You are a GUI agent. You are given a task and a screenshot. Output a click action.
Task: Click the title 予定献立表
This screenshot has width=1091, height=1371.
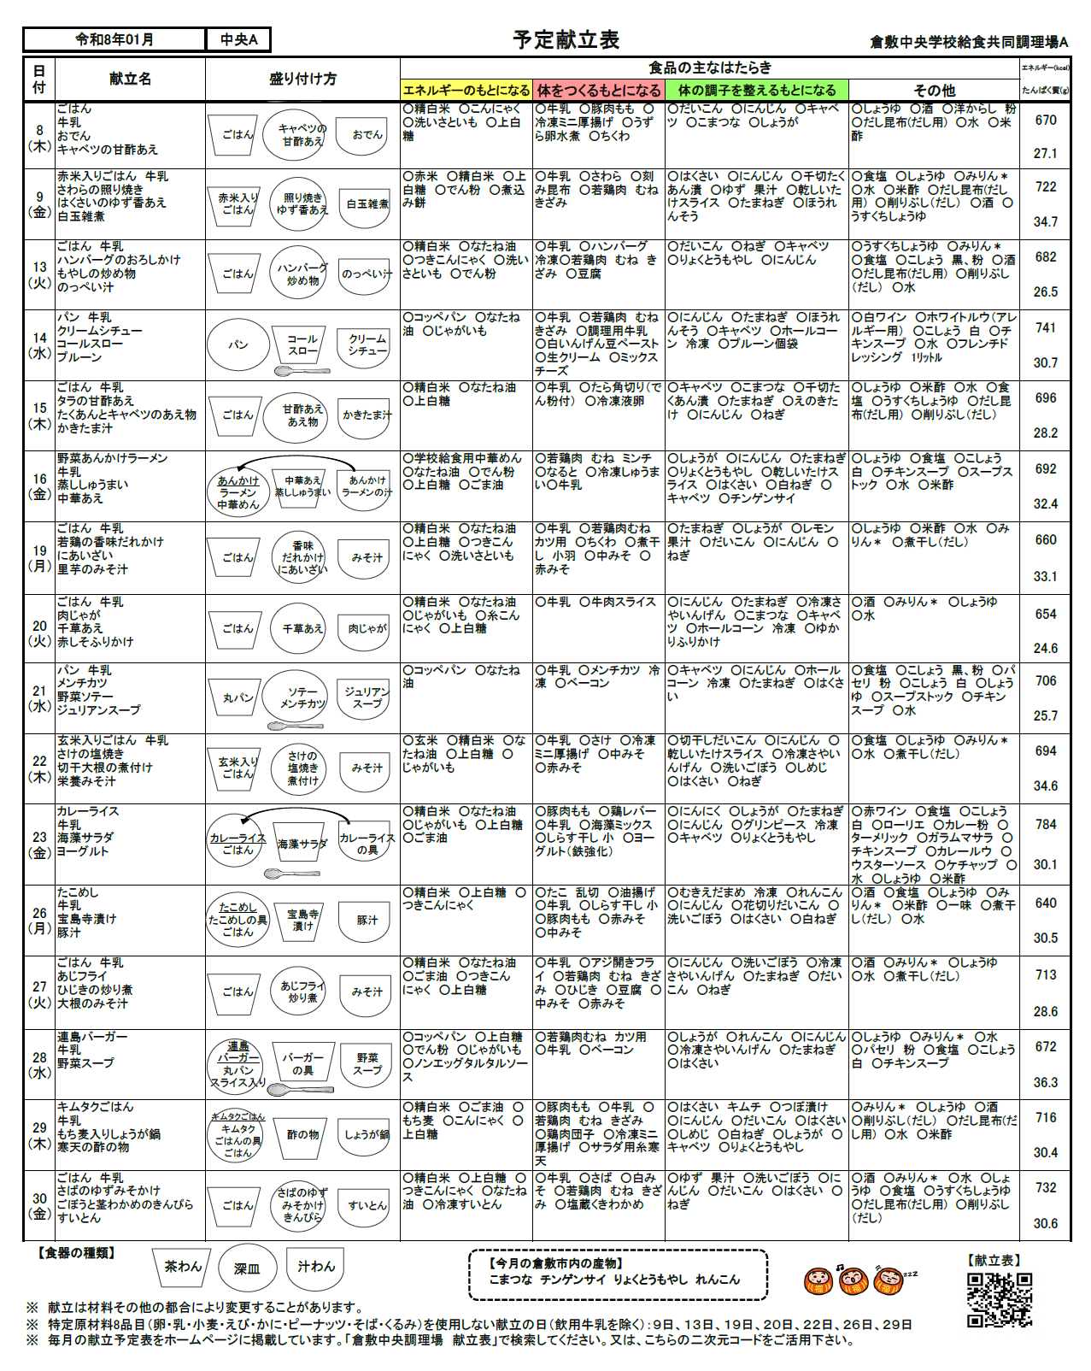coord(566,39)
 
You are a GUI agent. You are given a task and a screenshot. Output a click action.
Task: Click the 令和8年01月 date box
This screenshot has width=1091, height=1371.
coord(114,39)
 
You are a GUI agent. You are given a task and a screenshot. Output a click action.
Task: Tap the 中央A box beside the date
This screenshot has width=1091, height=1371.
coord(238,39)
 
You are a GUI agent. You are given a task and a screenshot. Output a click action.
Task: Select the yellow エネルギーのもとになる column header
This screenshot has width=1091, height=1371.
coord(466,90)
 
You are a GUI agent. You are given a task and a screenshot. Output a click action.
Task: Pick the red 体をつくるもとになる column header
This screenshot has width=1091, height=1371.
coord(599,90)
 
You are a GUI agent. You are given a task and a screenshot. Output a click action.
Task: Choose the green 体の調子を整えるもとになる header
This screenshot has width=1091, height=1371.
coord(757,90)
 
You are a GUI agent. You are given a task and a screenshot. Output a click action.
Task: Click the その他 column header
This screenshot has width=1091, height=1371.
coord(934,90)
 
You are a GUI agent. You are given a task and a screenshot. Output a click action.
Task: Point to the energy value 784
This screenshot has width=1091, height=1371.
coord(1046,824)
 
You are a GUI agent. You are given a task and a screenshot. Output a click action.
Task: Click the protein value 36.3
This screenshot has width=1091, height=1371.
coord(1046,1082)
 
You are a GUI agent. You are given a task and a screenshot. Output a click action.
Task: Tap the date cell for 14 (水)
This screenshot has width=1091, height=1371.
coord(39,344)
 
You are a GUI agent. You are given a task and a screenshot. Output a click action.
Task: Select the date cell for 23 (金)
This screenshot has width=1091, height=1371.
coord(39,844)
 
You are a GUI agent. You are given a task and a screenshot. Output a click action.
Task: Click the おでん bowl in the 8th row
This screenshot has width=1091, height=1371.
coord(367,135)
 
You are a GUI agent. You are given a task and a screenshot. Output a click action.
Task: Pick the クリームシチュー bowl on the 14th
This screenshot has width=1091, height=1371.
coord(367,344)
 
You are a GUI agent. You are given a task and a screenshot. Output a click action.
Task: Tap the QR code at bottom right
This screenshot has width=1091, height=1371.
coord(999,1299)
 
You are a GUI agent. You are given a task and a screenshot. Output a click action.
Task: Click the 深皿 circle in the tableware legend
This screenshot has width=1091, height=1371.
coord(247,1268)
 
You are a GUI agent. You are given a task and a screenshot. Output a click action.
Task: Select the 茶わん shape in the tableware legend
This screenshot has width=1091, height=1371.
coord(183,1267)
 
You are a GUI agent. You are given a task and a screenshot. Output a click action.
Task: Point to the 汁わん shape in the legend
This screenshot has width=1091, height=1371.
coord(316,1267)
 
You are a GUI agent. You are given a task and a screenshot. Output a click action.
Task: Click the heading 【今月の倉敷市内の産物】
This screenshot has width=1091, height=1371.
coord(555,1262)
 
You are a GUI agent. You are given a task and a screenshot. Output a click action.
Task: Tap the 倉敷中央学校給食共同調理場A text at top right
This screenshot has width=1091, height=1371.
coord(969,42)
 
